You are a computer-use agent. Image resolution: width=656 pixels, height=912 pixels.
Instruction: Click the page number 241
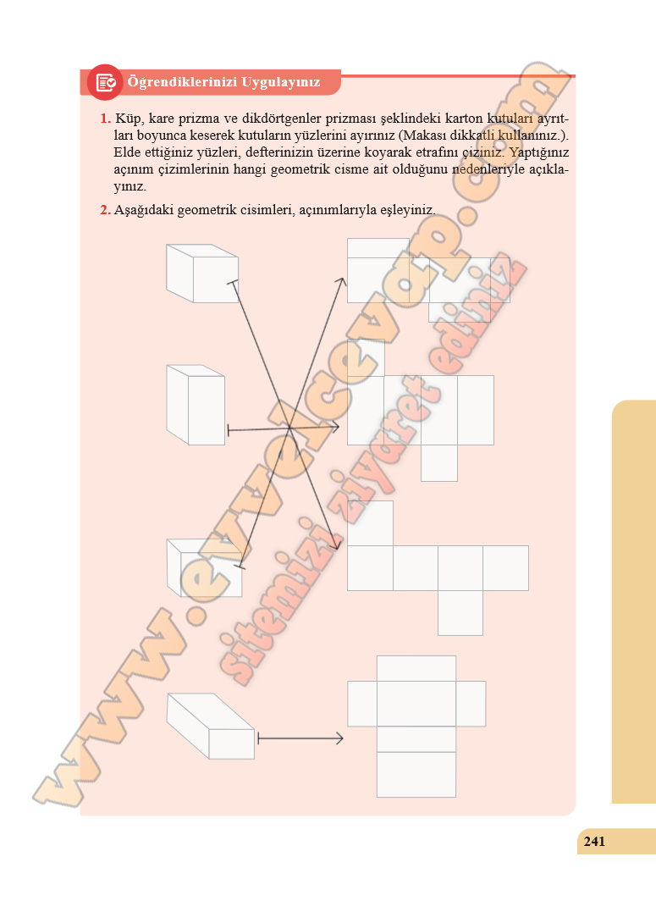(594, 841)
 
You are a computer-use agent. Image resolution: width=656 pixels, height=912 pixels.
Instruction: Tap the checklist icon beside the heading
(105, 82)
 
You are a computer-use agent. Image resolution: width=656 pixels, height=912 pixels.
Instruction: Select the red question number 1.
(105, 119)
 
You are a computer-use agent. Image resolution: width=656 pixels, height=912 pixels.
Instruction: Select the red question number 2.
(105, 210)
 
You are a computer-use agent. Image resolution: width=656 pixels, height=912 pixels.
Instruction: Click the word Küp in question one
(128, 119)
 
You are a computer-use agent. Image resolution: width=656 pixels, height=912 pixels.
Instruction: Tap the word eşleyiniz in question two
(407, 211)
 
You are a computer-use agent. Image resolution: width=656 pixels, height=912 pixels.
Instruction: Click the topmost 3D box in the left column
(201, 274)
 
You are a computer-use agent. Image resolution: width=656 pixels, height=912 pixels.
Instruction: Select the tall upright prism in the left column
(196, 405)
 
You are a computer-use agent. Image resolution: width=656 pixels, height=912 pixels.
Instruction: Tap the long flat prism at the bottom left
(211, 726)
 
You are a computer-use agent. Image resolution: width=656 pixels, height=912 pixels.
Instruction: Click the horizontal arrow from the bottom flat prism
(300, 738)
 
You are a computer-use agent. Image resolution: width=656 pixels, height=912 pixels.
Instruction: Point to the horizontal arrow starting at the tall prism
(284, 428)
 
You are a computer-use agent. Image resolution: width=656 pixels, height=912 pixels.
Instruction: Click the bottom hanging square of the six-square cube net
(460, 613)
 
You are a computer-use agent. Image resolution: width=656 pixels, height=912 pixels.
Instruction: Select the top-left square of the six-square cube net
(370, 523)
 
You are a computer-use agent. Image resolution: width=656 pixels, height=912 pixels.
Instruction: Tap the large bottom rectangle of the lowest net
(416, 775)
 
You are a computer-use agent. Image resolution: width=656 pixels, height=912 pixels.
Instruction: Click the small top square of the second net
(366, 357)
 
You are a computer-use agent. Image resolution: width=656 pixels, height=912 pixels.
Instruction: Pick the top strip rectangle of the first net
(378, 248)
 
